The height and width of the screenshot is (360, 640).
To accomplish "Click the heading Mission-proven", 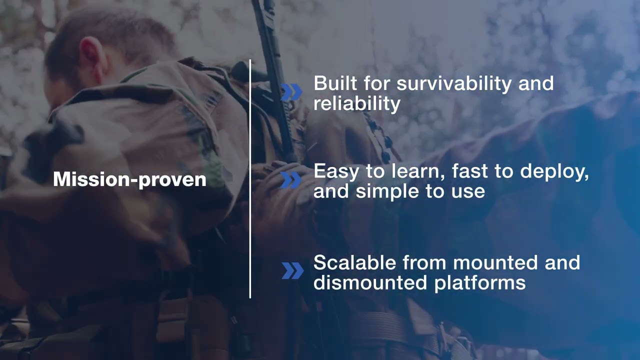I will tap(129, 179).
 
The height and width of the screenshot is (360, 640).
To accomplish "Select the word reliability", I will tap(356, 103).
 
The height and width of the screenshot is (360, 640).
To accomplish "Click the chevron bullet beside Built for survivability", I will tap(291, 92).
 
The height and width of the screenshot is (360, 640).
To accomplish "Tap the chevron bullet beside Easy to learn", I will tap(291, 180).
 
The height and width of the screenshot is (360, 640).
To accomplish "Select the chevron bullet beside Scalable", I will tap(292, 270).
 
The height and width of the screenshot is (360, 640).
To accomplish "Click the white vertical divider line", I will tap(250, 200).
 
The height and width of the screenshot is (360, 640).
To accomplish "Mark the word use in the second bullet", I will tap(469, 191).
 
